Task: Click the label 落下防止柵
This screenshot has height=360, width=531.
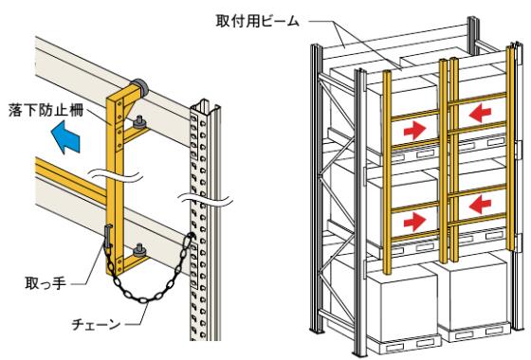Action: [46, 111]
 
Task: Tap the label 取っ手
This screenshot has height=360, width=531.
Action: [46, 283]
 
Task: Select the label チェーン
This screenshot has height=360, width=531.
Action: [96, 324]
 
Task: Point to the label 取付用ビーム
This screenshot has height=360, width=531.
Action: [258, 21]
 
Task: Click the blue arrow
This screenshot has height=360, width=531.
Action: [65, 137]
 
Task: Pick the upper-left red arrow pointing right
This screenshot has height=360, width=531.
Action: [414, 131]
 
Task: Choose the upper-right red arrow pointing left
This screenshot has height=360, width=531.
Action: [480, 113]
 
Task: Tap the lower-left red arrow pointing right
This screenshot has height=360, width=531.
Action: [414, 221]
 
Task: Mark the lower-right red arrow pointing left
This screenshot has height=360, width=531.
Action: [480, 204]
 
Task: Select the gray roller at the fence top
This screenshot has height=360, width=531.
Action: [138, 86]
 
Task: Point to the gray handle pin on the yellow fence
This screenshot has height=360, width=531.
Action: [108, 237]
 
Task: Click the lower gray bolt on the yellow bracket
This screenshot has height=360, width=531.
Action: [138, 250]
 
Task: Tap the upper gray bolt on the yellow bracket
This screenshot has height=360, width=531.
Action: [138, 122]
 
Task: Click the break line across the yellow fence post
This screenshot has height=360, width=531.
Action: [115, 175]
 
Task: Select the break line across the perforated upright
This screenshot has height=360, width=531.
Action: [206, 199]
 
